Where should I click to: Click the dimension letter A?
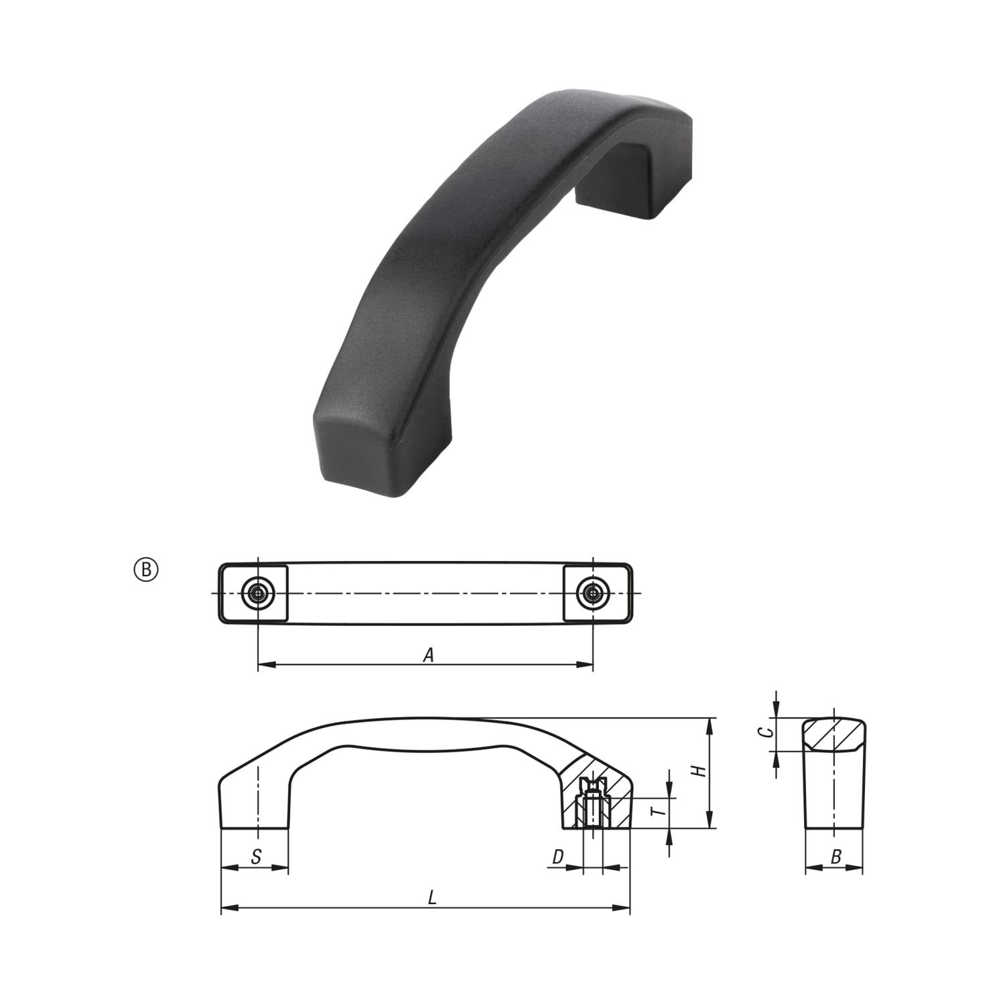[429, 655]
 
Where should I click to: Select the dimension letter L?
[433, 897]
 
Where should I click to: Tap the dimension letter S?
[255, 856]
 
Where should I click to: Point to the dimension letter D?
[558, 856]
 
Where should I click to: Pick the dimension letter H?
[699, 771]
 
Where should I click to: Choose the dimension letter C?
[770, 732]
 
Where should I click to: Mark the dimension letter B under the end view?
[835, 856]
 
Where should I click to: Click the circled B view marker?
[147, 570]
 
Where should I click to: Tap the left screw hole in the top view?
[258, 593]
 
